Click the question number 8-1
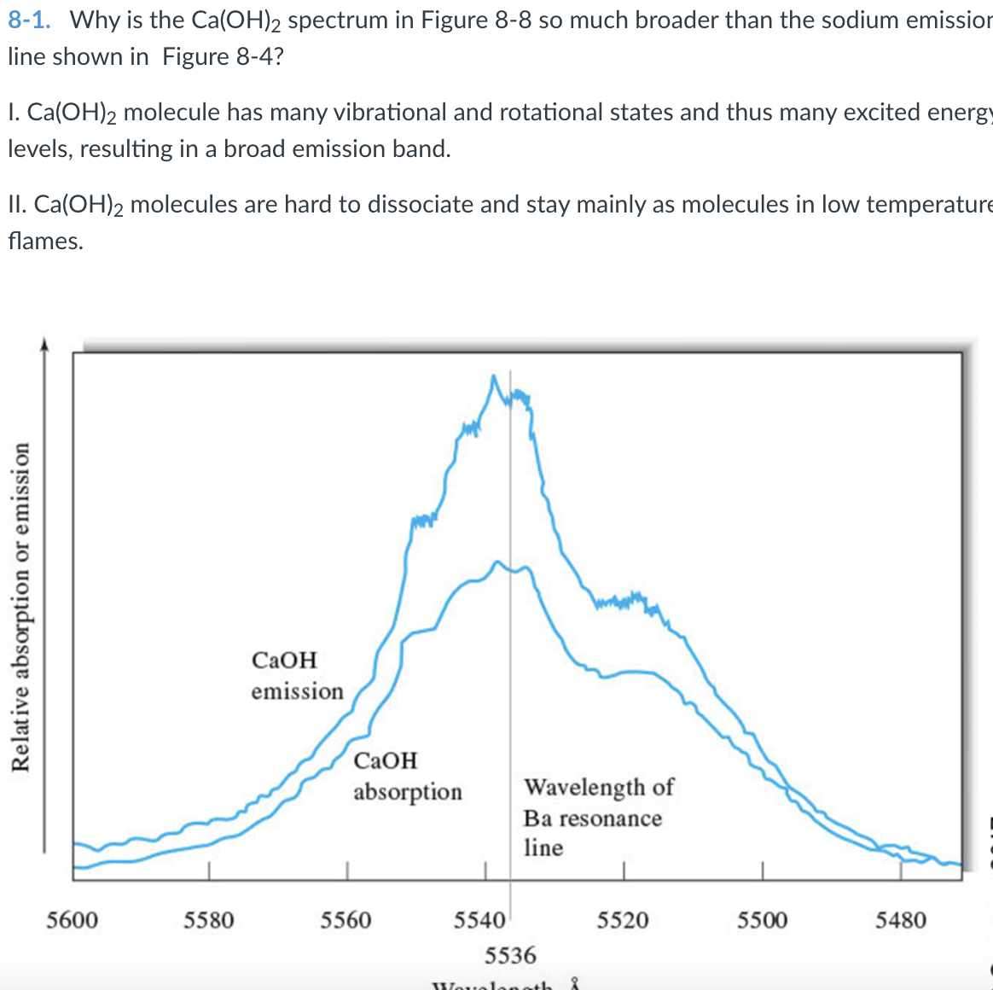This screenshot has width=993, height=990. pos(29,20)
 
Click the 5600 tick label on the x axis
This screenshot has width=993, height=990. pos(72,920)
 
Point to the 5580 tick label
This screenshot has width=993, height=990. pos(209,920)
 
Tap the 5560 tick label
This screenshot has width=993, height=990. pos(346,920)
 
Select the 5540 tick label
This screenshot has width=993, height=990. pos(479,920)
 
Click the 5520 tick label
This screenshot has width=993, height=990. pos(623,920)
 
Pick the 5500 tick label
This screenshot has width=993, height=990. pos(762,920)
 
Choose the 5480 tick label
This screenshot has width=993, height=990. pos(901,920)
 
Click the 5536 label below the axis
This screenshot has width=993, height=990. pos(510,954)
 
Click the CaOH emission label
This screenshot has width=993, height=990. pos(296,675)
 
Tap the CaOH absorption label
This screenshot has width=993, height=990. pos(407,776)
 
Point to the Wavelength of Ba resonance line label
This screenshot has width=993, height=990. pos(597,817)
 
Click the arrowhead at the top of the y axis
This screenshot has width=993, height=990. pos(44,344)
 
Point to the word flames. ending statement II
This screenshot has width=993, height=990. pos(46,241)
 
